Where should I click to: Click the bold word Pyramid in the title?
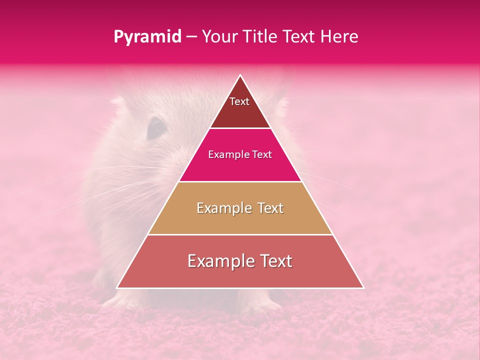click(147, 37)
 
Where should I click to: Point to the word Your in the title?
click(220, 36)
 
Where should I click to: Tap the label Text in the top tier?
click(239, 101)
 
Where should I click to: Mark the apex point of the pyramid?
click(240, 75)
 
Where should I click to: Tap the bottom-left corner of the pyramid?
click(117, 288)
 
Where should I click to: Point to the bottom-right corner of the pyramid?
click(363, 288)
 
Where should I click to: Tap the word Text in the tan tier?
click(269, 208)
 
